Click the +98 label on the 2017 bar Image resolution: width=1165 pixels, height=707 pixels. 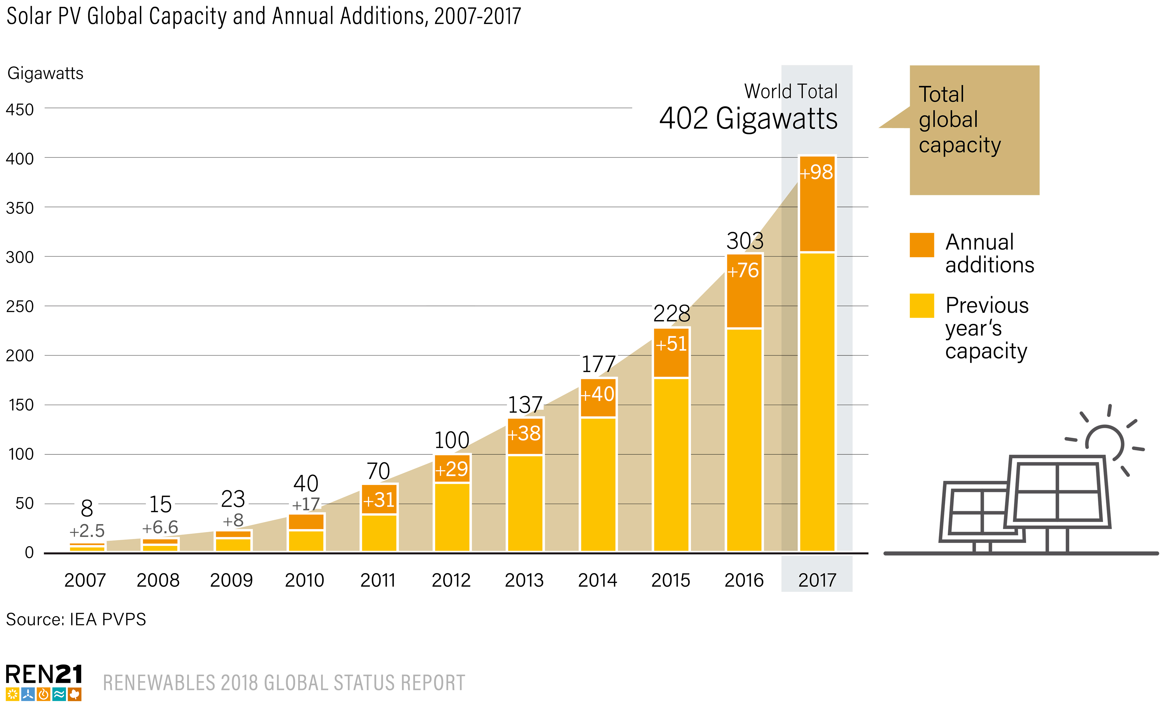(817, 172)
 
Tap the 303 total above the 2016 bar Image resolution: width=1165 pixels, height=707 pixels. (745, 241)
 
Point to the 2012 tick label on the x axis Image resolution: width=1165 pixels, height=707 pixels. (451, 580)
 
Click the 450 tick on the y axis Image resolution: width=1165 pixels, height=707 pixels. (20, 110)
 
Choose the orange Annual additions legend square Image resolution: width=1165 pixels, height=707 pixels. (922, 245)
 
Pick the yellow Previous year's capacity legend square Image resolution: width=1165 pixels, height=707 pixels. (922, 306)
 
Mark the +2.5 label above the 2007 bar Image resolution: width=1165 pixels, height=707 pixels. (87, 531)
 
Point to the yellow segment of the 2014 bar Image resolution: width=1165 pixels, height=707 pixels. (598, 485)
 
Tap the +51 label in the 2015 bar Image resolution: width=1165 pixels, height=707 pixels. (671, 344)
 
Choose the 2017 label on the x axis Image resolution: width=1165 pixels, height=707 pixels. (817, 580)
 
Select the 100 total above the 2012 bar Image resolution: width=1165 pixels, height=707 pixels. (452, 440)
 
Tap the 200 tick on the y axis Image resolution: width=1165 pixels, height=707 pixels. (20, 356)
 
